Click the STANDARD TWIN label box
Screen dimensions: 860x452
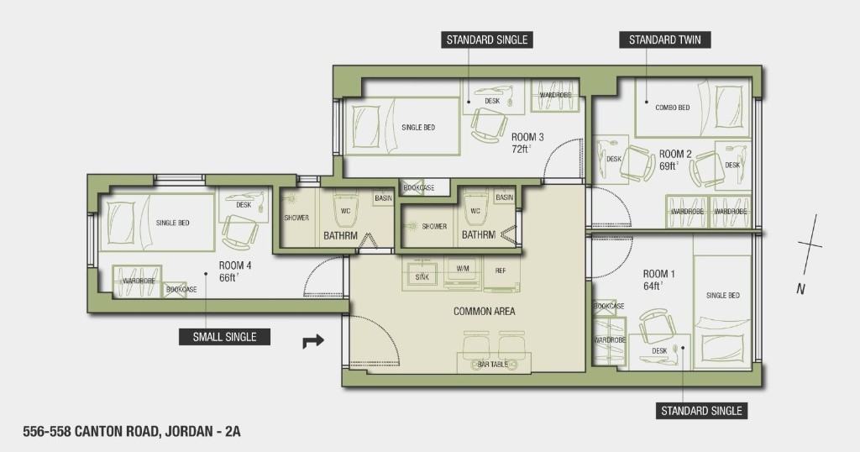[x=665, y=39]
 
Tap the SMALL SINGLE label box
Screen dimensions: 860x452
[x=224, y=337]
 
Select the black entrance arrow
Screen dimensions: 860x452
[x=313, y=341]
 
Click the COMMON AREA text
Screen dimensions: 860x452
[x=485, y=311]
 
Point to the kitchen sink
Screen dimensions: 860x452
[x=422, y=274]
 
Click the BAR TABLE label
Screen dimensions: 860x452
[x=492, y=365]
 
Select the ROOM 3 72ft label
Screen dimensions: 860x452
[x=527, y=143]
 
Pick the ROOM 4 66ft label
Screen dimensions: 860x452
[x=235, y=271]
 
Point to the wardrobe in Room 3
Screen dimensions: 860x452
[x=555, y=96]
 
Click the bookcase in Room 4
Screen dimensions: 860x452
[x=181, y=289]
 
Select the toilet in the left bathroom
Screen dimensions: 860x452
[x=345, y=208]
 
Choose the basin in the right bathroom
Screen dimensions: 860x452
[x=504, y=197]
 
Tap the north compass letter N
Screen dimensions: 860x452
[x=800, y=288]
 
